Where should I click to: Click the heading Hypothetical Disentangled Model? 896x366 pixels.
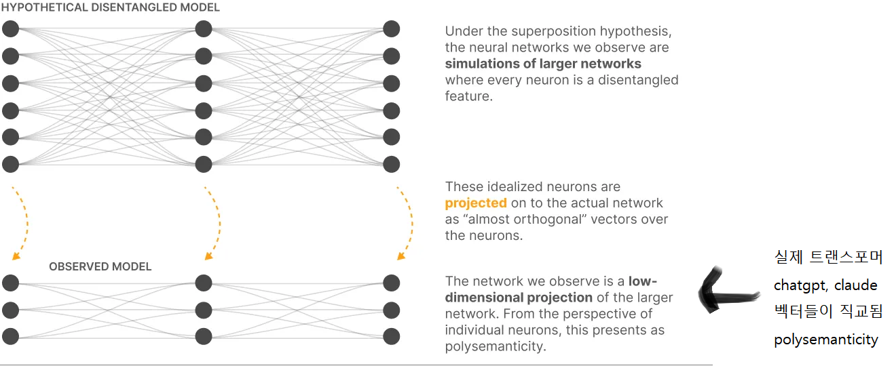pos(110,7)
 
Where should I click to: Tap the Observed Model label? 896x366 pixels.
pos(100,266)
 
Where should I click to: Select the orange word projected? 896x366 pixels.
pos(476,203)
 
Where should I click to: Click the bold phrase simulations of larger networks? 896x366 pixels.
pos(543,64)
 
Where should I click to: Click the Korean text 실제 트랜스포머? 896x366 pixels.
pos(828,258)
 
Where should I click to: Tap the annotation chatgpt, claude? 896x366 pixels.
pos(825,285)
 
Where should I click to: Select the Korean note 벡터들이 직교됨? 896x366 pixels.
pos(828,312)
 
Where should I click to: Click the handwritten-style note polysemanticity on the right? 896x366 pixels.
pos(825,340)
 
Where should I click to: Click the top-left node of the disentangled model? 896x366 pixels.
pos(10,28)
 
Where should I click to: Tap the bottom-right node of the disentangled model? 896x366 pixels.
pos(392,164)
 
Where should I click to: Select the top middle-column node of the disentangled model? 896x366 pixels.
pos(203,28)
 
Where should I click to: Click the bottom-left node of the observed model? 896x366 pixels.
pos(10,335)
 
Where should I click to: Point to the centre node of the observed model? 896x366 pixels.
pos(203,310)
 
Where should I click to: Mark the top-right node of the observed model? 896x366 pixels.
pos(392,283)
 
